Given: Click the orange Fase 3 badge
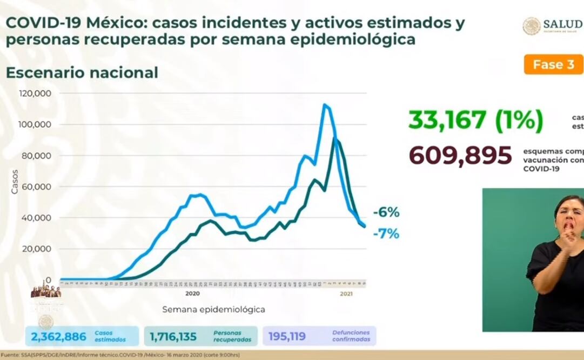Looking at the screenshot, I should tap(553, 64).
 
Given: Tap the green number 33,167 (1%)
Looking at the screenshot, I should tap(475, 120).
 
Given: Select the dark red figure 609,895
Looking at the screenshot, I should tap(460, 156).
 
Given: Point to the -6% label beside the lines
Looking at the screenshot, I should tap(386, 213).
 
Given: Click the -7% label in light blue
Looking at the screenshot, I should tap(386, 234).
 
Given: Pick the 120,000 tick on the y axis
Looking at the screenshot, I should tap(35, 93).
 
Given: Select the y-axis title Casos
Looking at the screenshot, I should tap(15, 182).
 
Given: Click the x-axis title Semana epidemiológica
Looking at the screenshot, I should tap(213, 310).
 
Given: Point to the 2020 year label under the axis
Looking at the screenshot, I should tap(192, 294).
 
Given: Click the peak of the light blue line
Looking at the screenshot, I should tap(325, 105).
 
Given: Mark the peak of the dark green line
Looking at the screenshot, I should tap(335, 139).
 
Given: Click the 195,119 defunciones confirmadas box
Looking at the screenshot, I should tap(319, 336).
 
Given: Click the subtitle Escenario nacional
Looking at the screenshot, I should tap(82, 72).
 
